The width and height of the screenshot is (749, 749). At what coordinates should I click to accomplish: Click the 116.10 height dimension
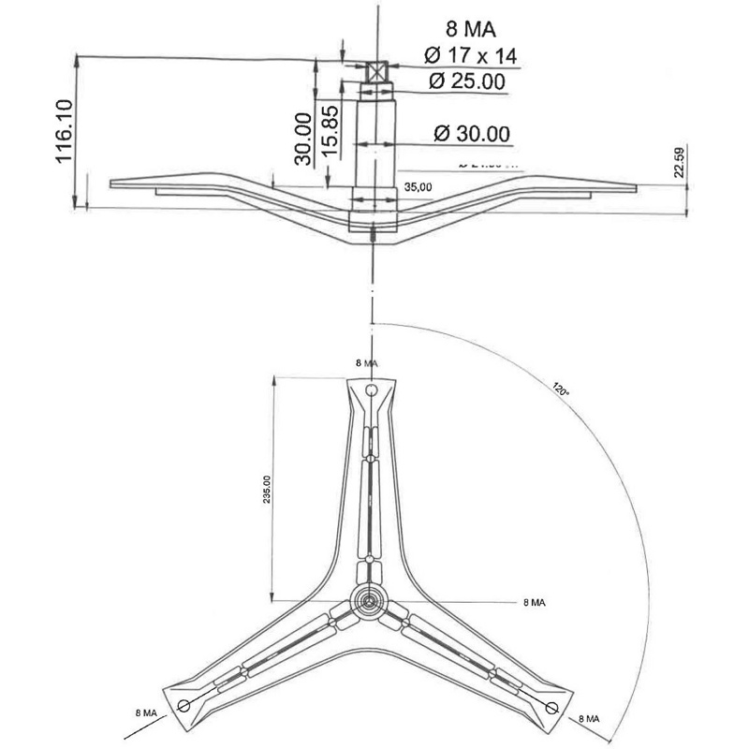click(64, 132)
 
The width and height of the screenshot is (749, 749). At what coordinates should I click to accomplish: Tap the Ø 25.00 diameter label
click(467, 81)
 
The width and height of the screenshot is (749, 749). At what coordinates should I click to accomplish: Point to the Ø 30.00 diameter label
click(472, 134)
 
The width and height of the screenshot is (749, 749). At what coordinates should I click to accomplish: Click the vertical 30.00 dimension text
click(302, 139)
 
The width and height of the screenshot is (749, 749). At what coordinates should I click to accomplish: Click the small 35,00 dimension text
click(418, 187)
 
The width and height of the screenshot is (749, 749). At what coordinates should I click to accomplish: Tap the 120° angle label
click(561, 389)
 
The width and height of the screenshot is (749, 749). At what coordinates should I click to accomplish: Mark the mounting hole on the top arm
click(372, 389)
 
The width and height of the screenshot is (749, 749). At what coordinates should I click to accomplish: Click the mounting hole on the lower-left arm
click(183, 705)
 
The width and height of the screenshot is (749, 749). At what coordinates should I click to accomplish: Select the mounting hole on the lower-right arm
click(551, 705)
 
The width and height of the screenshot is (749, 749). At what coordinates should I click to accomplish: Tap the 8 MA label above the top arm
click(367, 361)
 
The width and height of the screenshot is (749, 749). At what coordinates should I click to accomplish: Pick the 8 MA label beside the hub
click(535, 602)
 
